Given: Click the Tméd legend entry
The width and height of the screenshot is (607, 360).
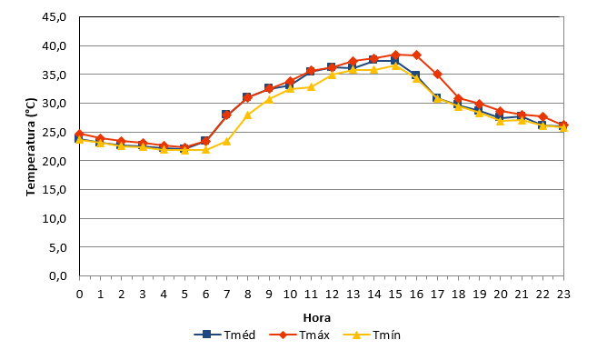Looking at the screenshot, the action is click(224, 335).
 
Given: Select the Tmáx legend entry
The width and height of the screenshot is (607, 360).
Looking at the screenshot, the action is click(299, 335).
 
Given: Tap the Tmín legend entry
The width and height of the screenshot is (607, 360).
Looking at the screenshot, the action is click(372, 335).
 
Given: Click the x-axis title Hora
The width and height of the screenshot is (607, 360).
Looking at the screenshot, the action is click(316, 318).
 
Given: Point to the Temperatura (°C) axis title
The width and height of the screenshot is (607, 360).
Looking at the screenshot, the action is click(31, 146).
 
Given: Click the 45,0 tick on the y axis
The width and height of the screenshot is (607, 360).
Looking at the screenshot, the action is click(55, 17).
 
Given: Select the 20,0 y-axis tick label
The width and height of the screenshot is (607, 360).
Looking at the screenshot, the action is click(55, 161).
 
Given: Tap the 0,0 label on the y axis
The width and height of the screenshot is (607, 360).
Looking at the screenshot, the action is click(58, 276).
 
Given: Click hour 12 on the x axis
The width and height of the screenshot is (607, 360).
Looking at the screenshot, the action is click(332, 295).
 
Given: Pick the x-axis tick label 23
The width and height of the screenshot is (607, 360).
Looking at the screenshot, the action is click(563, 295).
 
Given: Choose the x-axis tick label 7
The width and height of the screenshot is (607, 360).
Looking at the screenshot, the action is click(226, 295).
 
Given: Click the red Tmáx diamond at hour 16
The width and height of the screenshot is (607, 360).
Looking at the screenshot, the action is click(416, 55).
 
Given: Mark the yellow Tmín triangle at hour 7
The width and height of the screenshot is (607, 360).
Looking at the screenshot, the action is click(226, 141).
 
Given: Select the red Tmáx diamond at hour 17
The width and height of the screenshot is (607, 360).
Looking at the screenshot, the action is click(437, 74).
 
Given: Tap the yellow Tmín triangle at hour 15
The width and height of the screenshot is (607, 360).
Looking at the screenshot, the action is click(395, 65).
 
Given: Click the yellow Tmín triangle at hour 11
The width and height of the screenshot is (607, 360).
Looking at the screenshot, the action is click(311, 86).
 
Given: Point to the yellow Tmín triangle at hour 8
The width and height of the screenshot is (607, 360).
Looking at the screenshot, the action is click(248, 115).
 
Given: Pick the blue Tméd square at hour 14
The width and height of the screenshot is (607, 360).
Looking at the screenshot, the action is click(374, 60).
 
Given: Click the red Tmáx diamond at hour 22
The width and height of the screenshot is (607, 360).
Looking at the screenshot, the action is click(542, 116).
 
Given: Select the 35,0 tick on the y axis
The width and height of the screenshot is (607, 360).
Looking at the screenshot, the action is click(55, 75).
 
